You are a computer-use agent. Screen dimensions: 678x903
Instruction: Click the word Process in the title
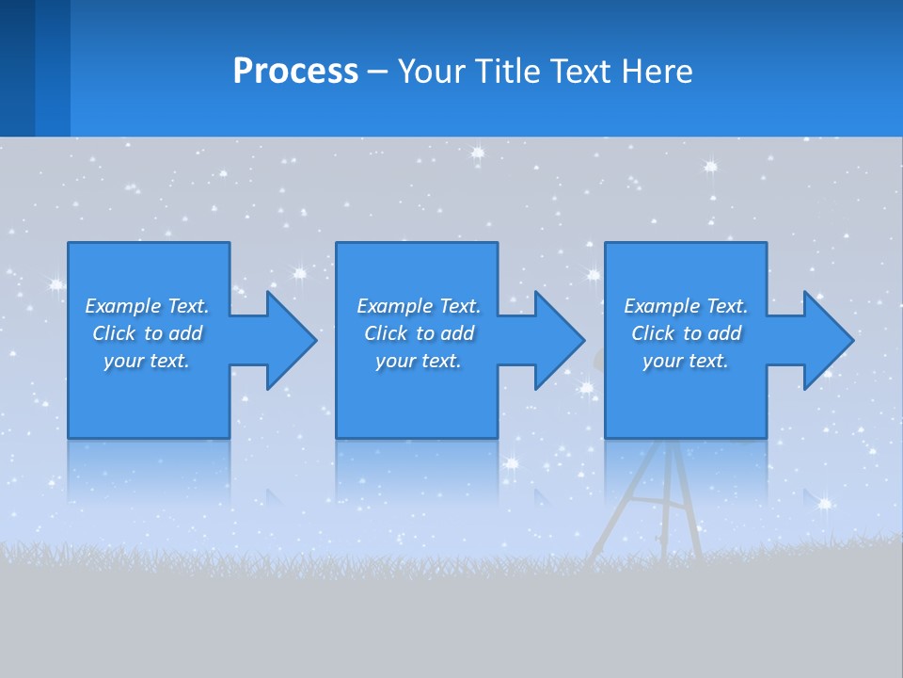point(295,72)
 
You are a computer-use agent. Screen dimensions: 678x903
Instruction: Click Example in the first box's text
point(123,306)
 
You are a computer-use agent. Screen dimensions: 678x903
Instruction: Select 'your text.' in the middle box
point(418,362)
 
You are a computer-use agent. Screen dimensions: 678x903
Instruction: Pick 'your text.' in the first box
point(147,362)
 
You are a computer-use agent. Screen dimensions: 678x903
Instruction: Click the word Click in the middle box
point(386,333)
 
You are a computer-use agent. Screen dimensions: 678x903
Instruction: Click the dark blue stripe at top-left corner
point(17,68)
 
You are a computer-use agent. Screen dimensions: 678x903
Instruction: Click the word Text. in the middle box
point(460,306)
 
